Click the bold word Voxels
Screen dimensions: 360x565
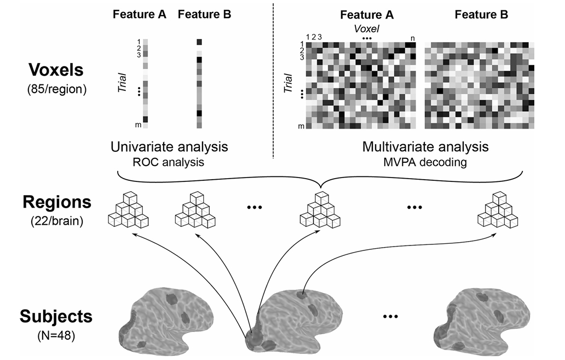(x=56, y=71)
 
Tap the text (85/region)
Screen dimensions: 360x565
(x=56, y=88)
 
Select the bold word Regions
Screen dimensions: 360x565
(x=56, y=202)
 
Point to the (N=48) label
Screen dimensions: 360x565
(x=56, y=334)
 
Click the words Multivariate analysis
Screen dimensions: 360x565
(x=425, y=147)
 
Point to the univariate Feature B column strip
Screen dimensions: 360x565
(x=199, y=84)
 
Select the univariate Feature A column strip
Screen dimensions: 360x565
(x=146, y=84)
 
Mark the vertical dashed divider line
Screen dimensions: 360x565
(x=273, y=82)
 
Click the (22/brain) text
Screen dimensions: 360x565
(x=56, y=221)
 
